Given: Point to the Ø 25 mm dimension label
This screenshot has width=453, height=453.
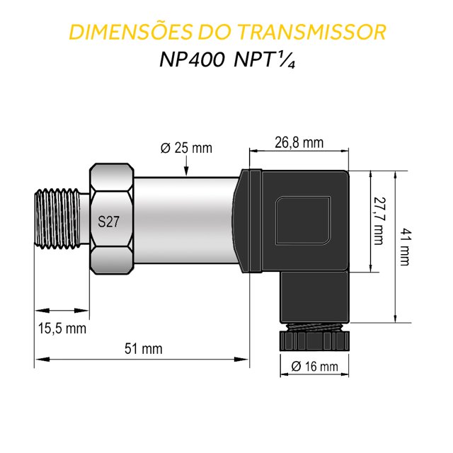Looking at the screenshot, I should [x=186, y=148].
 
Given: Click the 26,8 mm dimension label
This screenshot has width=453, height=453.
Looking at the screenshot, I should [x=299, y=142].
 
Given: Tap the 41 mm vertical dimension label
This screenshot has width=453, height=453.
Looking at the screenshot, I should [x=404, y=246].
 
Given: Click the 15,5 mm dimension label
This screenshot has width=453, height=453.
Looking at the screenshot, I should [x=62, y=328].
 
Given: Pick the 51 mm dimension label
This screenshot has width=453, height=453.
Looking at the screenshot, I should [x=143, y=349].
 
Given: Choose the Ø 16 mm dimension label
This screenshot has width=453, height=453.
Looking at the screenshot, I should [x=314, y=367].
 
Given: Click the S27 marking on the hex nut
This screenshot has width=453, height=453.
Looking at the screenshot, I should [x=108, y=222].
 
